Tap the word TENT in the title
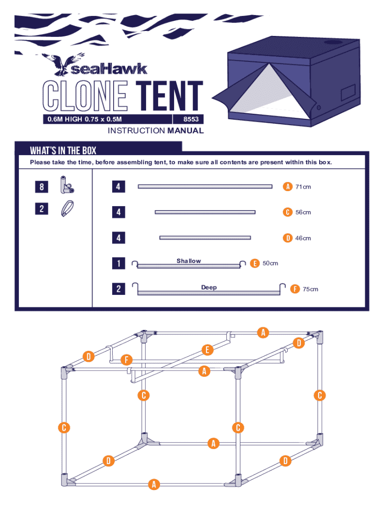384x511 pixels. point(170,96)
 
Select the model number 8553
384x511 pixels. point(191,119)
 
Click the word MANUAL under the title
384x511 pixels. point(186,131)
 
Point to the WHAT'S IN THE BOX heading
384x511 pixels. point(63,150)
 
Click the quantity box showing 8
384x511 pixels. point(42,187)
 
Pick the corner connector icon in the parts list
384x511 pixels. point(67,185)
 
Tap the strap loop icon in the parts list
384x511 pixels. point(67,209)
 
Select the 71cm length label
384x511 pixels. point(303,187)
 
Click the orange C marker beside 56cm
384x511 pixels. point(287,212)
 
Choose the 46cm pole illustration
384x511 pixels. point(205,238)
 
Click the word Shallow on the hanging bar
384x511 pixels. point(189,260)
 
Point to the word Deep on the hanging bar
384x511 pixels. point(209,287)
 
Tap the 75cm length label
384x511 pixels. point(310,289)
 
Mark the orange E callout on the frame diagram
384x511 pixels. point(207,350)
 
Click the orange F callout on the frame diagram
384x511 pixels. point(126,360)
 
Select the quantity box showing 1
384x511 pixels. point(119,263)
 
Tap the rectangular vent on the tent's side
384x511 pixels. point(348,92)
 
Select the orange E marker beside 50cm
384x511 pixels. point(254,263)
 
